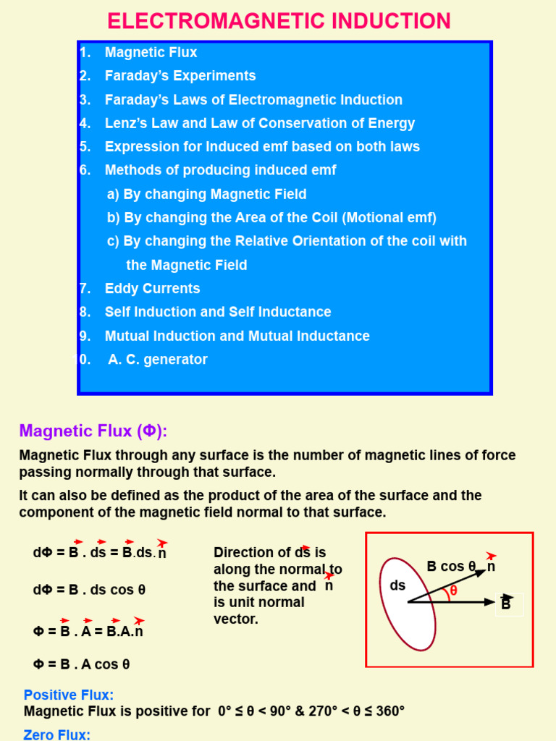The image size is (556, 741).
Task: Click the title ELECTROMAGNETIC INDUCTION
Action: [279, 21]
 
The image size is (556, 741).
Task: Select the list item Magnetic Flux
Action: [151, 52]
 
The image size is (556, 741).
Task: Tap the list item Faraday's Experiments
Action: [180, 76]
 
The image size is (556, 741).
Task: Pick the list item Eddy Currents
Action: [152, 289]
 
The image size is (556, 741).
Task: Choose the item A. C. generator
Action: [157, 360]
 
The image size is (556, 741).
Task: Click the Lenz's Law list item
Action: [259, 123]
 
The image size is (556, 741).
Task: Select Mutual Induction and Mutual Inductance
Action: [237, 336]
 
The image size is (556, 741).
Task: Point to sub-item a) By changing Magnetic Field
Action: [206, 194]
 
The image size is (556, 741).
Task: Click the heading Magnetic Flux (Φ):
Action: [93, 431]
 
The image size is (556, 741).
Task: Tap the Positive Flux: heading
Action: [69, 695]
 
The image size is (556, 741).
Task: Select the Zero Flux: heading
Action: [56, 734]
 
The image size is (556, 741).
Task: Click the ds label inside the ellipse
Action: [398, 585]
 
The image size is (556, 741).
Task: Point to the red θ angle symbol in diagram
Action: [454, 590]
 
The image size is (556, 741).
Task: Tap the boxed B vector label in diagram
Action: [506, 603]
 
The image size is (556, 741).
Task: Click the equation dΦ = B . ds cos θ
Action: [89, 590]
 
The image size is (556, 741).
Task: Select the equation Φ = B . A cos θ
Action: [81, 664]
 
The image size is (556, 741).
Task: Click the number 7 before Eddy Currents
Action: [85, 289]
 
